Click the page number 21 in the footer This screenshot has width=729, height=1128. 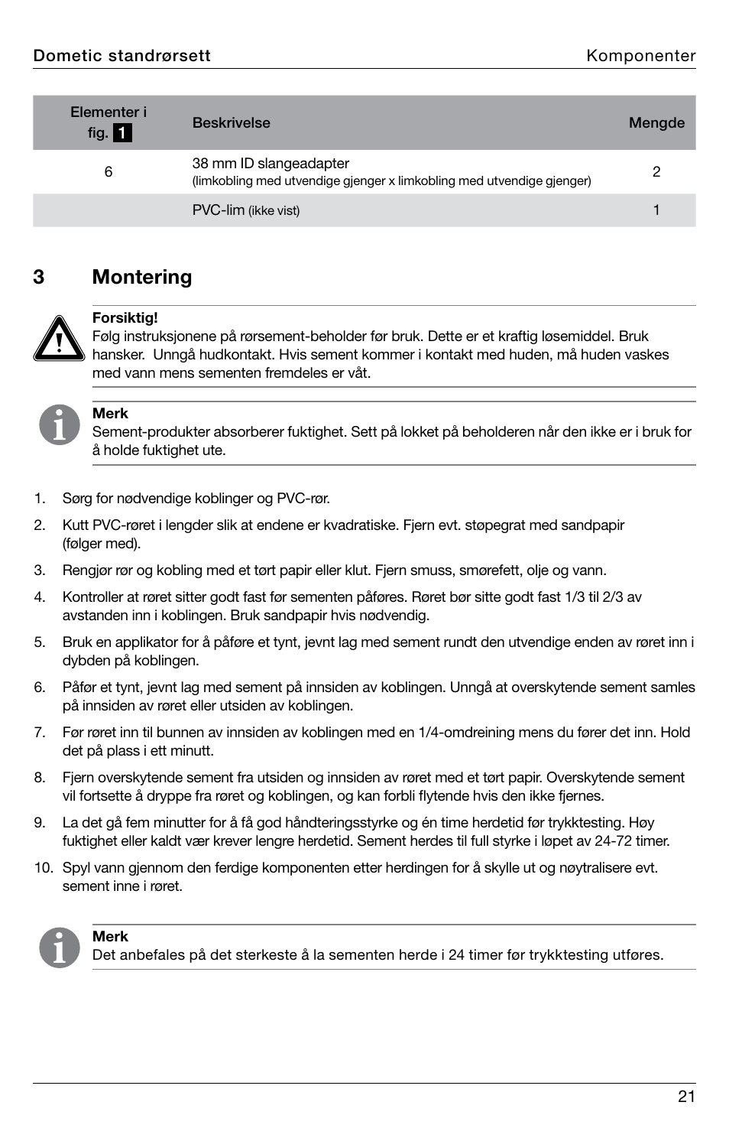pyautogui.click(x=685, y=1097)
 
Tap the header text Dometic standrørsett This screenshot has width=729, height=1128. pyautogui.click(x=122, y=56)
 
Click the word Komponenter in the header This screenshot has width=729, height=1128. pyautogui.click(x=640, y=56)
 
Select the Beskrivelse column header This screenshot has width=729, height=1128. pyautogui.click(x=231, y=123)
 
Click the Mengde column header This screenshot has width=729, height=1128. pyautogui.click(x=656, y=123)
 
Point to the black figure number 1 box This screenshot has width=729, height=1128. pyautogui.click(x=122, y=133)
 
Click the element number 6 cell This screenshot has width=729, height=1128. pyautogui.click(x=109, y=172)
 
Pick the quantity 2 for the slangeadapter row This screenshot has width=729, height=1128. pyautogui.click(x=656, y=172)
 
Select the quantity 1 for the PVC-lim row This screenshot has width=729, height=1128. pyautogui.click(x=656, y=210)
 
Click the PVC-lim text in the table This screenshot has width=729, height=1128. pyautogui.click(x=219, y=210)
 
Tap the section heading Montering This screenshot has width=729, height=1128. pyautogui.click(x=141, y=277)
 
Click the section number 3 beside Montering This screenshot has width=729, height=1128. pyautogui.click(x=39, y=277)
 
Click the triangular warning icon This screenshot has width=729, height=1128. pyautogui.click(x=58, y=339)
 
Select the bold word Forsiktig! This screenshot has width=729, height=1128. pyautogui.click(x=125, y=318)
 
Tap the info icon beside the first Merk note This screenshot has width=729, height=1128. pyautogui.click(x=59, y=425)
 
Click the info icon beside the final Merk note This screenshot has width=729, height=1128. pyautogui.click(x=59, y=948)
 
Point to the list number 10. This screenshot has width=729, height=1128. pyautogui.click(x=43, y=868)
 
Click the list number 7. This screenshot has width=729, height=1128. pyautogui.click(x=40, y=733)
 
